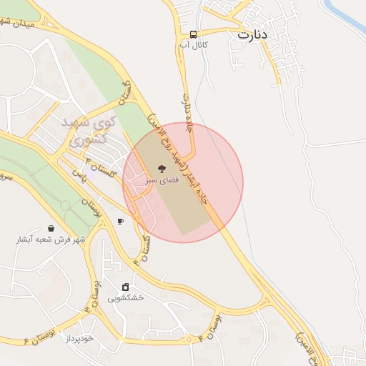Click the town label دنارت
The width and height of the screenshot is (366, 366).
tap(252, 33)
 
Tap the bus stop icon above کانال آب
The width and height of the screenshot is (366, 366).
tap(194, 34)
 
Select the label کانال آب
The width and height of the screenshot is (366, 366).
tap(194, 45)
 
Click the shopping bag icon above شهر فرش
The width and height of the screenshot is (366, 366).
tap(51, 229)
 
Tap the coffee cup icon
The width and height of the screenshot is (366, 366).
tap(120, 222)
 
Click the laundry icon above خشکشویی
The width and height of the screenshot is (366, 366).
tap(126, 287)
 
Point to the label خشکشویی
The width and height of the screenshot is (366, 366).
tap(126, 297)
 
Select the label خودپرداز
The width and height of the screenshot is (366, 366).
tap(79, 337)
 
